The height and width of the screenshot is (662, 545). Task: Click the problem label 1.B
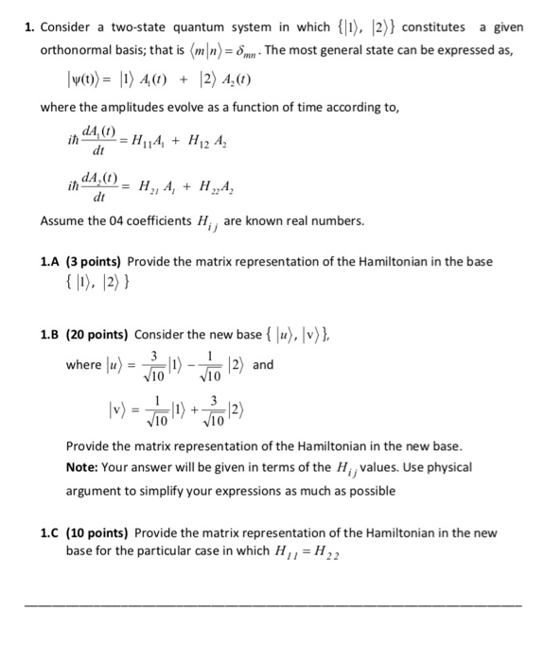(x=53, y=335)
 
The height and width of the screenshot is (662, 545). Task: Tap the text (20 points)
(x=100, y=335)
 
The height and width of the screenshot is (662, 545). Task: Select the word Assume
(x=62, y=220)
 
